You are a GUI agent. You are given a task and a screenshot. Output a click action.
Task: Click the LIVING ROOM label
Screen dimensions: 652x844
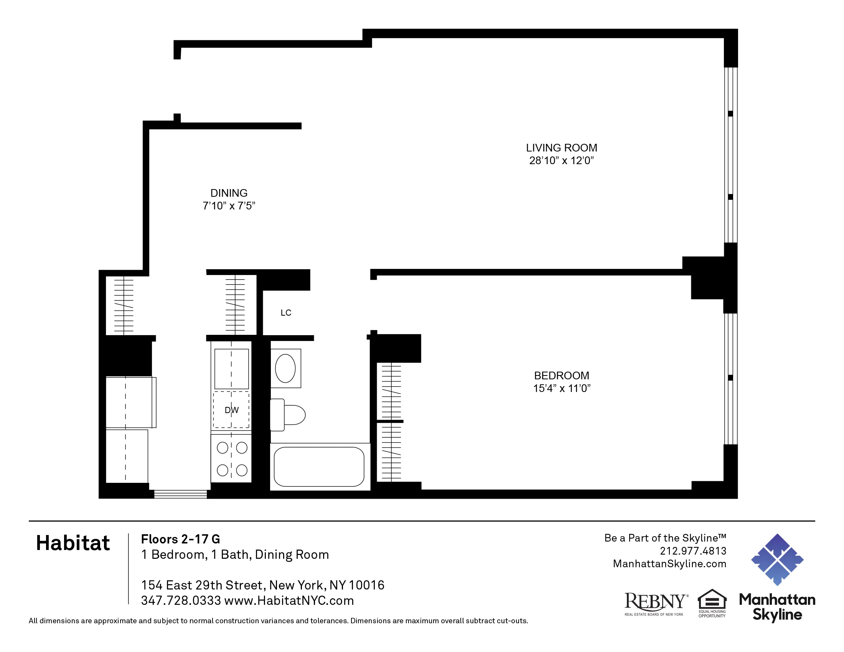point(561,148)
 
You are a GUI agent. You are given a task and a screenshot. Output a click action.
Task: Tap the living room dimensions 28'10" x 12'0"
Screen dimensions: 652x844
point(561,161)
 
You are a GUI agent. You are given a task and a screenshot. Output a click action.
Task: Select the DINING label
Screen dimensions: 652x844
point(229,193)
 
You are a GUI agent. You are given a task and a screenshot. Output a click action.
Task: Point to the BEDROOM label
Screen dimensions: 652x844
point(562,375)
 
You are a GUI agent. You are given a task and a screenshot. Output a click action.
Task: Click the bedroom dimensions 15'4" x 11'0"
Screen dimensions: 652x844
point(562,389)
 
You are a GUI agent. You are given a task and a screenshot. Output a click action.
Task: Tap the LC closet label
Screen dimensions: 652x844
point(285,313)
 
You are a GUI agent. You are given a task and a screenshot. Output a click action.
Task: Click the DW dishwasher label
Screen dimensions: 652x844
point(231,410)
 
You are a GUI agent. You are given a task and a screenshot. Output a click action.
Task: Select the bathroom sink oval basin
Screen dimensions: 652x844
point(285,369)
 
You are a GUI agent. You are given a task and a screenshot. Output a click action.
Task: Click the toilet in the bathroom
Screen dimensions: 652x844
point(288,415)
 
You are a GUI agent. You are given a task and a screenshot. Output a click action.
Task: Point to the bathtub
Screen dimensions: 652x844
point(319,467)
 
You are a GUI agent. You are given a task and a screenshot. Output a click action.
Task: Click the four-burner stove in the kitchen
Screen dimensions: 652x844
point(231,459)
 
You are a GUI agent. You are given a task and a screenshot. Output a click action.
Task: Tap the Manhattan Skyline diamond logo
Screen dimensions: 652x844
point(777,559)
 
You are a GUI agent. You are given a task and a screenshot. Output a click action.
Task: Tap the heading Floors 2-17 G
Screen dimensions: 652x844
point(180,539)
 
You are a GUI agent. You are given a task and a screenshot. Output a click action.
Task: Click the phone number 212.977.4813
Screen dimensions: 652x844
point(693,551)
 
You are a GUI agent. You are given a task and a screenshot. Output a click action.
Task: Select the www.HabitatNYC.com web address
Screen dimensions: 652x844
point(289,601)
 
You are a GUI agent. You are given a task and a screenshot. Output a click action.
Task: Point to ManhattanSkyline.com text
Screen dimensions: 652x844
point(669,564)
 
